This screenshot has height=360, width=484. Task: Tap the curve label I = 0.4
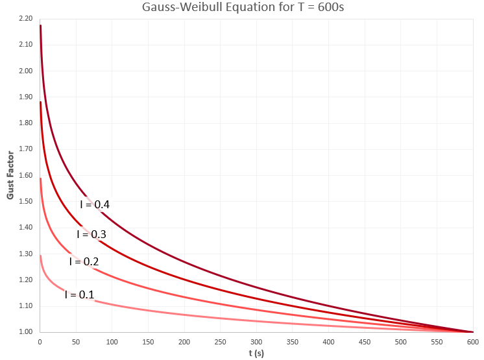[x=95, y=204]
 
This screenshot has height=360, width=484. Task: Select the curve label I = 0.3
[x=91, y=234]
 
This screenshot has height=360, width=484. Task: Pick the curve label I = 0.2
[x=84, y=261]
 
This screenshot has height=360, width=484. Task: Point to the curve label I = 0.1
[x=80, y=294]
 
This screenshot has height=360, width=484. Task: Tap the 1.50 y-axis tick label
[x=25, y=201]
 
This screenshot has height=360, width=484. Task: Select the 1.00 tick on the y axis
[x=25, y=332]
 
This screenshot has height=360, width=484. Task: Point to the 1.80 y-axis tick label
[x=25, y=123]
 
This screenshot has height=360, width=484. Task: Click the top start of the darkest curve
[x=40, y=25]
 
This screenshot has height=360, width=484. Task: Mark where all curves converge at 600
[x=472, y=331]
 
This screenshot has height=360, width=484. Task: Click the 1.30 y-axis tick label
[x=25, y=254]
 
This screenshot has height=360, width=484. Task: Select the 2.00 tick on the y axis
[x=25, y=71]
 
